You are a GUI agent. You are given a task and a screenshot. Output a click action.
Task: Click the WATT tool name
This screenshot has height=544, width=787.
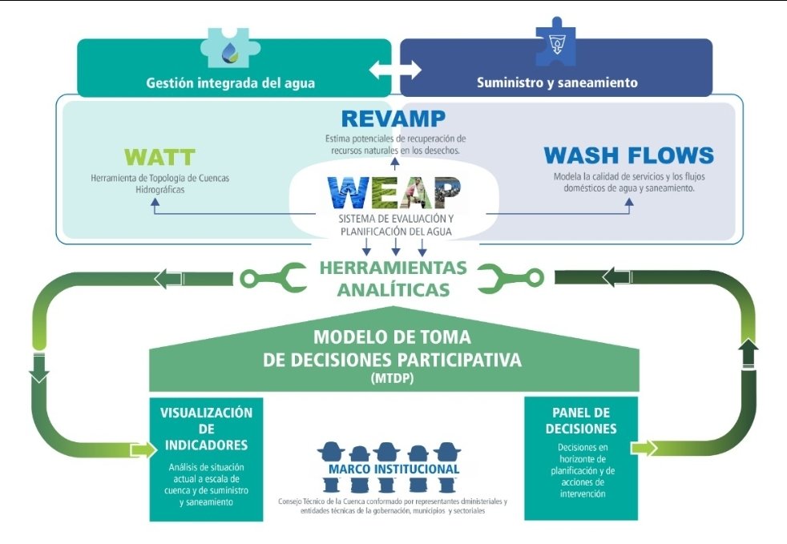(x=160, y=157)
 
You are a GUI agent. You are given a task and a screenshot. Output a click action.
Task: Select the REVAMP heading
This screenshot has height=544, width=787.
(x=393, y=119)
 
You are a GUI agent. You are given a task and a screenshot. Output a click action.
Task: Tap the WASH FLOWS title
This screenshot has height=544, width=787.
(x=628, y=155)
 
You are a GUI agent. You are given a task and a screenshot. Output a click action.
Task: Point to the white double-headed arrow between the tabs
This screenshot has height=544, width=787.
(x=395, y=69)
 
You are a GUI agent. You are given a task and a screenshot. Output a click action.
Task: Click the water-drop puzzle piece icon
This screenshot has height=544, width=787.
(x=230, y=48)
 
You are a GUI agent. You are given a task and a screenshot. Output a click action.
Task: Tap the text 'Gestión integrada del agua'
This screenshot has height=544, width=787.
(x=231, y=83)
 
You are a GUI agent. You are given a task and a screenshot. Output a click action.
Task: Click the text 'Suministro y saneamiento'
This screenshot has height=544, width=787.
(x=557, y=83)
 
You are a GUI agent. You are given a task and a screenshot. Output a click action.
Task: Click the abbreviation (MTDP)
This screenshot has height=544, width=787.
(x=393, y=378)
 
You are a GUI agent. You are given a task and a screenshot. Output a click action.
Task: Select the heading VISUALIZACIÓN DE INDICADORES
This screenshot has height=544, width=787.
(x=206, y=429)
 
